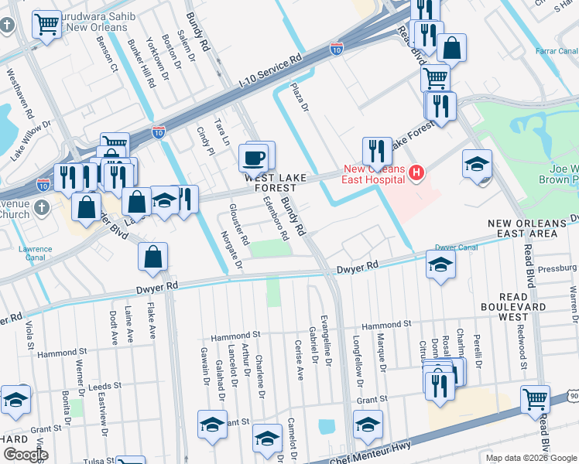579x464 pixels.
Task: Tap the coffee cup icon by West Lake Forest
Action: click(x=253, y=159)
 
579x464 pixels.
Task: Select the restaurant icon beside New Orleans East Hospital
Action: click(x=377, y=151)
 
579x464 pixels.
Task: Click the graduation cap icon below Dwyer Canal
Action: click(x=440, y=265)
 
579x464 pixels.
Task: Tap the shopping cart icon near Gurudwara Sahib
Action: click(x=47, y=25)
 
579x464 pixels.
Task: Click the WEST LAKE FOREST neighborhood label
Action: click(x=271, y=183)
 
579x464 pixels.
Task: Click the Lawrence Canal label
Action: click(x=36, y=254)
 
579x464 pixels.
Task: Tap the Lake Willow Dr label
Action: click(x=30, y=140)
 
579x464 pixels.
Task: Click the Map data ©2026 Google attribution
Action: click(x=530, y=458)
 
